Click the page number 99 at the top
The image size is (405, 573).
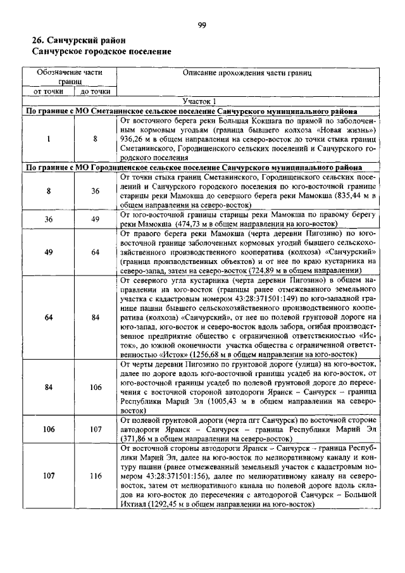pyautogui.click(x=202, y=25)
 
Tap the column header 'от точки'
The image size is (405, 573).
pyautogui.click(x=49, y=91)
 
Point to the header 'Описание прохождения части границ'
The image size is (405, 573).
pyautogui.click(x=247, y=73)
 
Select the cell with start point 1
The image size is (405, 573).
pyautogui.click(x=49, y=138)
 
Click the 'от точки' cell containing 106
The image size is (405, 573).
pyautogui.click(x=49, y=429)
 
